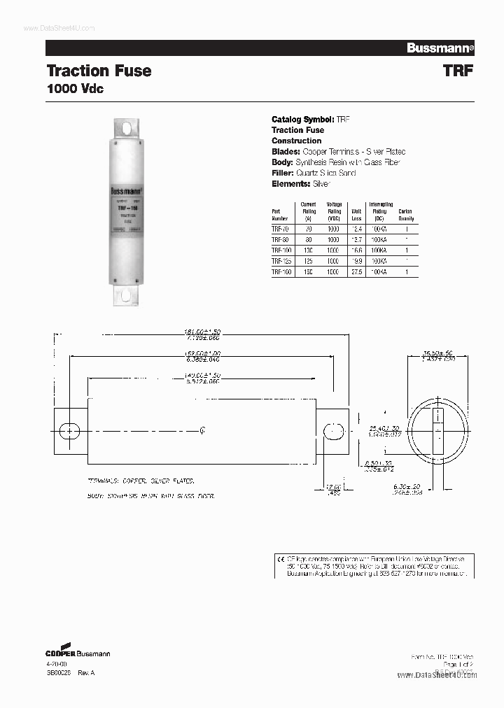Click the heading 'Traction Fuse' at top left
click(x=99, y=71)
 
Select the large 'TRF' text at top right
click(x=458, y=71)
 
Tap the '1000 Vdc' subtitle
click(x=75, y=90)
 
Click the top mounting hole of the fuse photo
click(x=127, y=129)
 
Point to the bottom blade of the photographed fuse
click(x=127, y=293)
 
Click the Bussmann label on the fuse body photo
click(x=127, y=190)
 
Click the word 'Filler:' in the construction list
click(x=283, y=173)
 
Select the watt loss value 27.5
click(x=356, y=272)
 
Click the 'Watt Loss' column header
click(x=356, y=214)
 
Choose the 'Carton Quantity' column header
click(x=405, y=214)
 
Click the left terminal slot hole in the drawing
click(x=69, y=430)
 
